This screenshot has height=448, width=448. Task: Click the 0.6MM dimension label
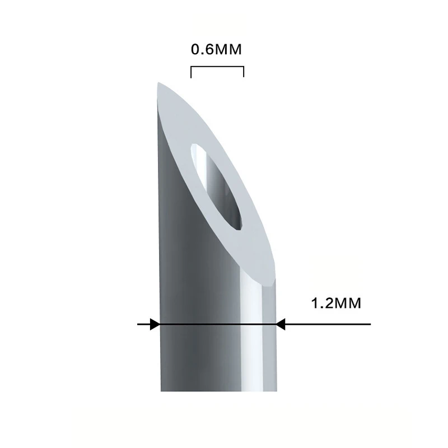point(216,49)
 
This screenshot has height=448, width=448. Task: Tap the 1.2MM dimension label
point(336,304)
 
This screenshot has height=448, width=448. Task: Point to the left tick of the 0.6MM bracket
point(191,72)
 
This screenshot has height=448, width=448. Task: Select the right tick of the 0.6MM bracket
point(244,72)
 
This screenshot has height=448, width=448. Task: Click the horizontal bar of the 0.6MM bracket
point(217,67)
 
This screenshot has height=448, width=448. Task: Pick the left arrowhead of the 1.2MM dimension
point(155,324)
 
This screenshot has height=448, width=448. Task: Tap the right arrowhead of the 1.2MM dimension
point(281,324)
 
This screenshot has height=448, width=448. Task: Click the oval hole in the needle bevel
point(217,186)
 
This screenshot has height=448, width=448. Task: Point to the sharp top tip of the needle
point(158,83)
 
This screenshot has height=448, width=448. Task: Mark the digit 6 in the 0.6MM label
point(208,49)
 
